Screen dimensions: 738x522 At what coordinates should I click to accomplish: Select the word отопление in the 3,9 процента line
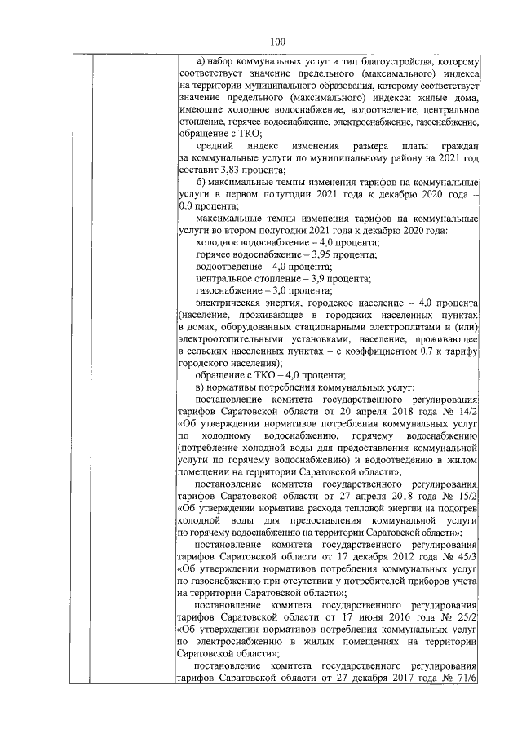(253, 277)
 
